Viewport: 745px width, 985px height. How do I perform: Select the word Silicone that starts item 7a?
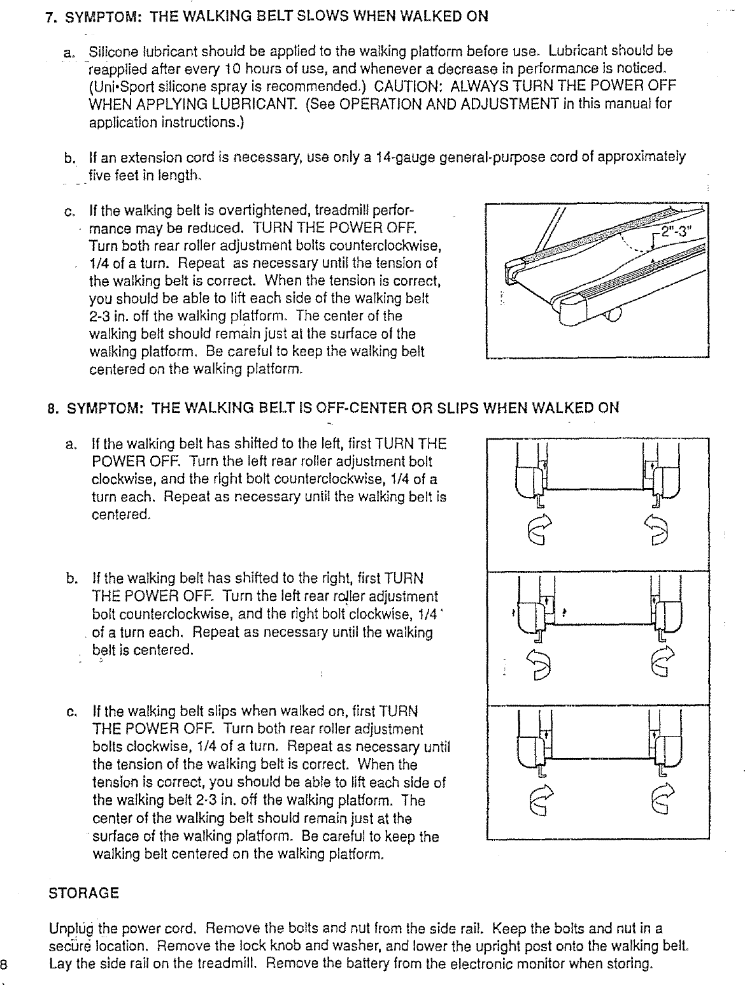click(110, 50)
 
